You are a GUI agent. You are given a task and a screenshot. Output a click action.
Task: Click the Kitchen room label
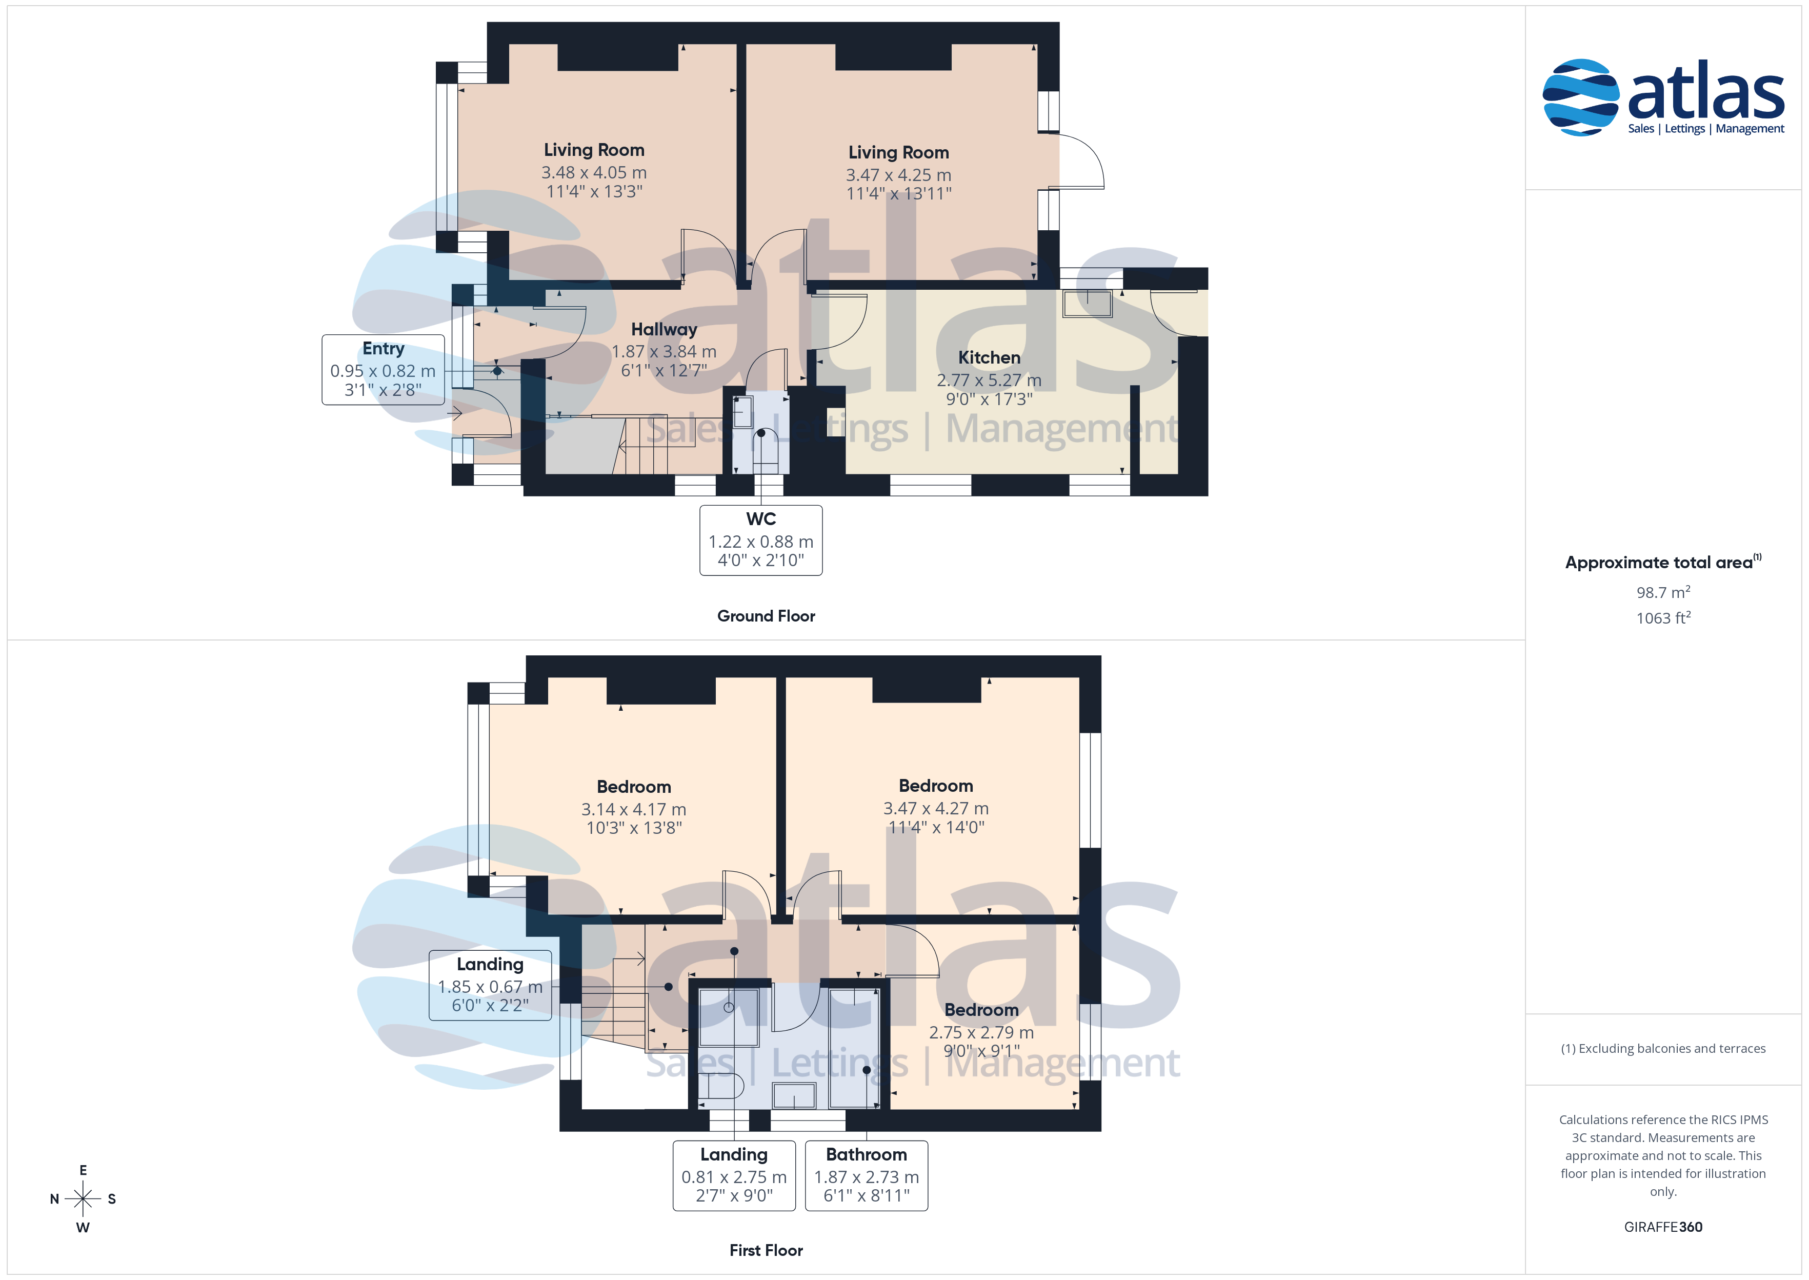tap(989, 358)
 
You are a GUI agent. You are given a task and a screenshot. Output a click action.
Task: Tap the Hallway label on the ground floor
tap(664, 329)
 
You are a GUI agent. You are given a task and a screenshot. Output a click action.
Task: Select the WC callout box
tap(761, 541)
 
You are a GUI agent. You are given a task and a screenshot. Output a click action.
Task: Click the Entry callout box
tap(383, 370)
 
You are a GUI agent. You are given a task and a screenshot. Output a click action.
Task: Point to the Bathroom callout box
tap(867, 1175)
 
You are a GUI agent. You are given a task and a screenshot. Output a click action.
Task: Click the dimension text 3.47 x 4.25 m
tap(899, 175)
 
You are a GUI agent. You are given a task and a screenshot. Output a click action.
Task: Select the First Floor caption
tap(766, 1250)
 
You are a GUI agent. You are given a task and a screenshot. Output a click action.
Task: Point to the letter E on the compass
tap(83, 1170)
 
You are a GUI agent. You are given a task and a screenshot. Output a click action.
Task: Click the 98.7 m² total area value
tap(1663, 592)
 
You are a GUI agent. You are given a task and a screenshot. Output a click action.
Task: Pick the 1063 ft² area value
tap(1663, 618)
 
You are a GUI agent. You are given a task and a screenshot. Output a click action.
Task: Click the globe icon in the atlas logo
tap(1580, 97)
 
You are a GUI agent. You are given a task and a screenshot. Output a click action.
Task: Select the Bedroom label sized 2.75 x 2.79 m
tap(981, 1010)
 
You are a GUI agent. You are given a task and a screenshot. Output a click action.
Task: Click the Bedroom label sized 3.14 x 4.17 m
tap(634, 787)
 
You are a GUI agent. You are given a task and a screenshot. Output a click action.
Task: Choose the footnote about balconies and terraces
tap(1663, 1048)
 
